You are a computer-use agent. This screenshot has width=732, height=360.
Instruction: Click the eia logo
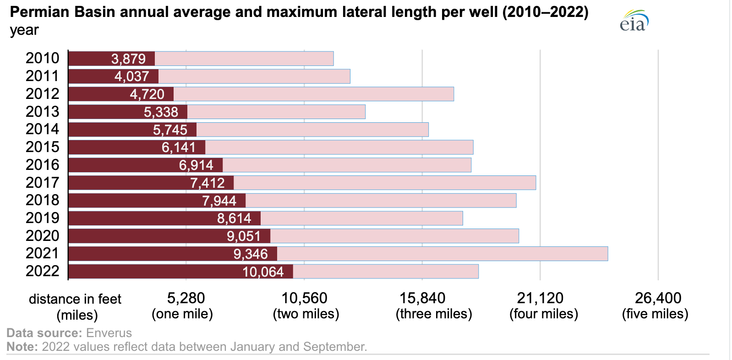coord(634,21)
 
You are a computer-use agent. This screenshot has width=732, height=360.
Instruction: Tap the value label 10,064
coord(263,272)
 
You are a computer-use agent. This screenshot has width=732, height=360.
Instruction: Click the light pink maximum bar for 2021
coord(442,254)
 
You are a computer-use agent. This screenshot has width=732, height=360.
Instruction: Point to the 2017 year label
coord(42,183)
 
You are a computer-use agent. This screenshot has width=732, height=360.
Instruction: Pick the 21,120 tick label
coord(540,298)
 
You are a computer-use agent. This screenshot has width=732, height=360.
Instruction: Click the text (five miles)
coord(655,314)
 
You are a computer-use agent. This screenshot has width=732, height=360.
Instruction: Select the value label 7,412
coord(208,183)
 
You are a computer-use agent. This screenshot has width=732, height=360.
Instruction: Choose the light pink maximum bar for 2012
coord(313,94)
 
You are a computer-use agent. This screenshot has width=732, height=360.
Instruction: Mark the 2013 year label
coord(42,112)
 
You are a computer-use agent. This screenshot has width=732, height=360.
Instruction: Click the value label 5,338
coord(161,112)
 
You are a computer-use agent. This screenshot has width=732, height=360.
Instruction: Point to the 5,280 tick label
coord(186,298)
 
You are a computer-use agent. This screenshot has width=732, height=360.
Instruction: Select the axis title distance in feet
coord(75,299)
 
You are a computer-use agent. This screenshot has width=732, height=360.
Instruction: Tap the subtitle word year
coord(24,30)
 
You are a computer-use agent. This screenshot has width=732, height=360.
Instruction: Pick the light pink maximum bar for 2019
coord(361,218)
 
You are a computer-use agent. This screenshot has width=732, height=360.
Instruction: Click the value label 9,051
coord(244,236)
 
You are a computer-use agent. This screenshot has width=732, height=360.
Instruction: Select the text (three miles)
coord(434,314)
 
